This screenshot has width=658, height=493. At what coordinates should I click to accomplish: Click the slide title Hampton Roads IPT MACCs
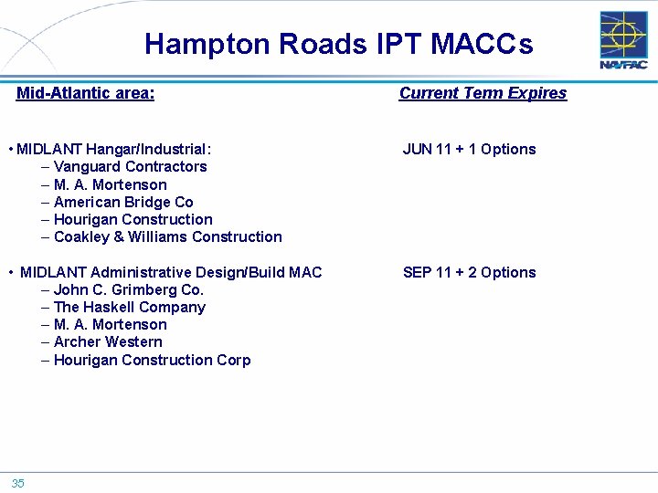[338, 44]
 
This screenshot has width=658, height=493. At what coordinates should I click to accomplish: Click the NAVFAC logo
[623, 40]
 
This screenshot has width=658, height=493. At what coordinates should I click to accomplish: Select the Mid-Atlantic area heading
[85, 93]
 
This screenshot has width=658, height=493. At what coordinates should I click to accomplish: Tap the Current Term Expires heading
[483, 93]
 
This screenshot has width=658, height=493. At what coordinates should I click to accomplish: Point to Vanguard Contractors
[130, 166]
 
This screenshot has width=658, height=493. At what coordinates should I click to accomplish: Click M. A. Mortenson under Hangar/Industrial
[110, 184]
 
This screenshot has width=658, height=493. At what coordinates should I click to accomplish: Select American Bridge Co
[123, 202]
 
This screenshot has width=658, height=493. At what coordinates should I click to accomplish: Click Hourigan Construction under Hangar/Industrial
[133, 219]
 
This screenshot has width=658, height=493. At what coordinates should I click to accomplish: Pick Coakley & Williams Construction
[167, 236]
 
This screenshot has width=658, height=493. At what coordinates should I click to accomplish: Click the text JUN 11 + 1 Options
[469, 149]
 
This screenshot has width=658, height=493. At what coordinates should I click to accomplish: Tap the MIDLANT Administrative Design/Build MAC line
[170, 272]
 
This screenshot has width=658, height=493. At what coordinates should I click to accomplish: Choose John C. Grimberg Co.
[128, 289]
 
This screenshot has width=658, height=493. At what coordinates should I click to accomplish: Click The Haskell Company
[129, 307]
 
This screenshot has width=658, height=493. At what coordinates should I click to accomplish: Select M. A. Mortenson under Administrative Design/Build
[110, 324]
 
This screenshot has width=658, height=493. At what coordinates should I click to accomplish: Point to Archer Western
[108, 341]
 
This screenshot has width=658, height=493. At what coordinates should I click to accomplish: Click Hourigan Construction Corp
[152, 360]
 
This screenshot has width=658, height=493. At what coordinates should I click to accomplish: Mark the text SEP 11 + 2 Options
[469, 272]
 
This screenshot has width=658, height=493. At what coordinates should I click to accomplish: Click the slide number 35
[18, 484]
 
